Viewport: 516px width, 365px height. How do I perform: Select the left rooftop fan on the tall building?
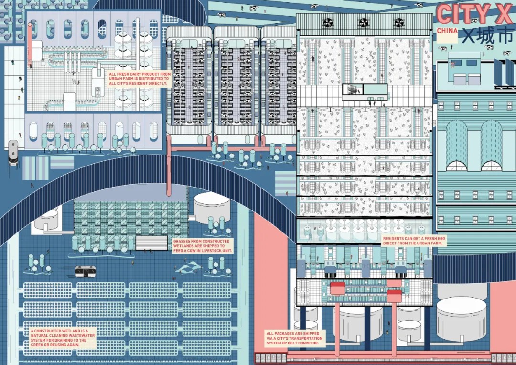pyautogui.click(x=328, y=22)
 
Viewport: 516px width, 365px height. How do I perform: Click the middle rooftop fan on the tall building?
pyautogui.click(x=364, y=22)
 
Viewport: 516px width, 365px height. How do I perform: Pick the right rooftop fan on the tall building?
pyautogui.click(x=399, y=22)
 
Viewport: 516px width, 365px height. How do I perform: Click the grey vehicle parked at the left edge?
pyautogui.click(x=13, y=152)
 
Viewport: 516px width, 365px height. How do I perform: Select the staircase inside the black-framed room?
pyautogui.click(x=353, y=89)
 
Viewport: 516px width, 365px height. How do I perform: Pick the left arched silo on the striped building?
pyautogui.click(x=457, y=146)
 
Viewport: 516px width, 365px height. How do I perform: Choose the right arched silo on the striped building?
pyautogui.click(x=492, y=146)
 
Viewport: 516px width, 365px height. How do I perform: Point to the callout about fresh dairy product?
pyautogui.click(x=139, y=78)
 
